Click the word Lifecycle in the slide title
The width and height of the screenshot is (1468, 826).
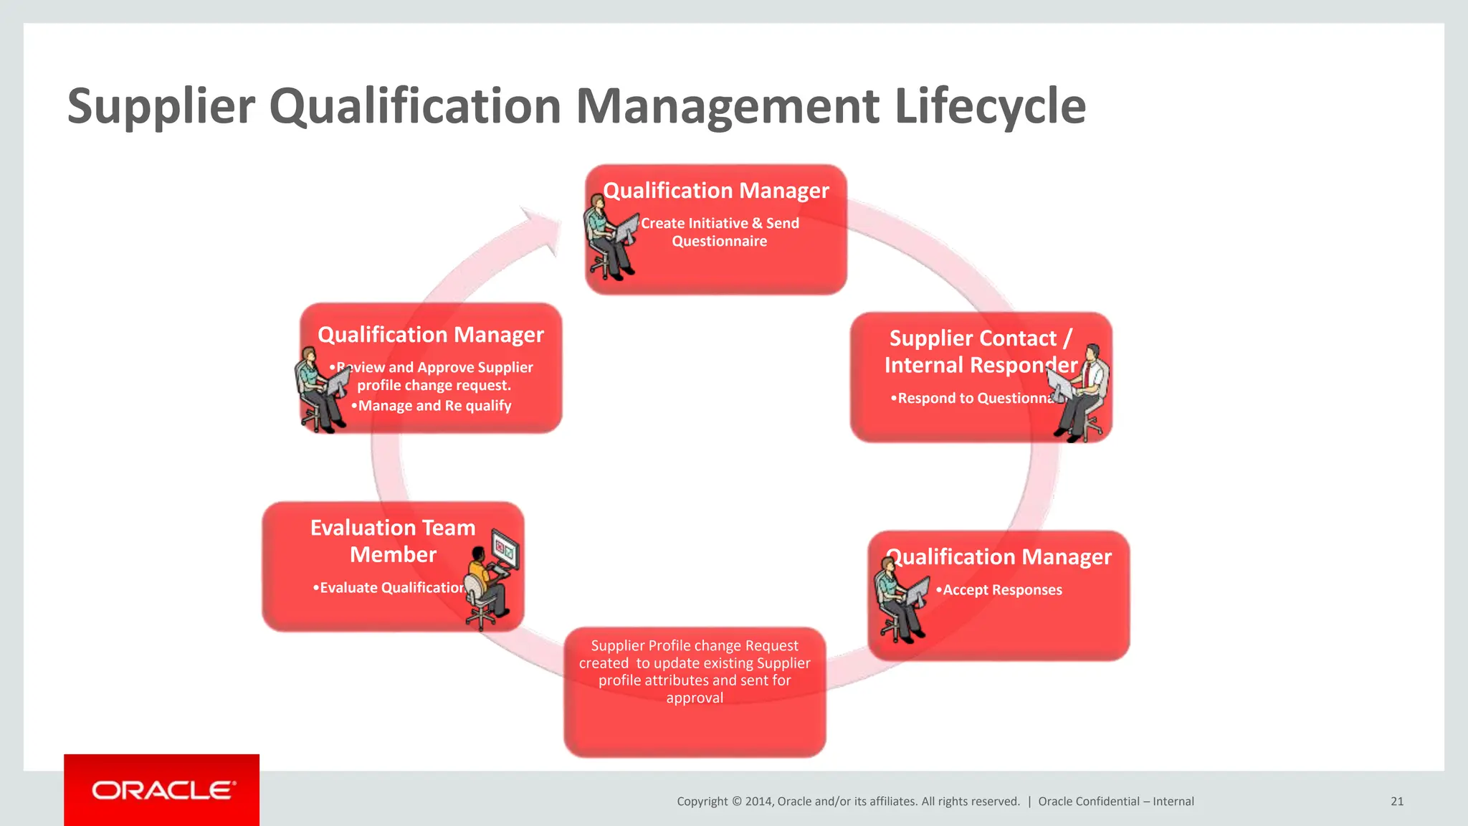990,107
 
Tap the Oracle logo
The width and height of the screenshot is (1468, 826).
162,789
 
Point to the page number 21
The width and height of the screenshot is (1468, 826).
1396,802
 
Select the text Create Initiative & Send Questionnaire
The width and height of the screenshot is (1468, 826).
720,232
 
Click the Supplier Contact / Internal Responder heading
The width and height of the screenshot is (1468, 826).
980,351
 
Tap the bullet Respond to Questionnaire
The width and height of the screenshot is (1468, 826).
971,399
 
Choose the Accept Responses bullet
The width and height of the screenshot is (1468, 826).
1002,590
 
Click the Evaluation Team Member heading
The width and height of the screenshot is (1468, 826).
393,541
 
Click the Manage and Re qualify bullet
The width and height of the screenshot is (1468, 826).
434,406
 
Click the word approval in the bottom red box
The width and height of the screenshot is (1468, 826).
695,698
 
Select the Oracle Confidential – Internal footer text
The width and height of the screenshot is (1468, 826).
1116,802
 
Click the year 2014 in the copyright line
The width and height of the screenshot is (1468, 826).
758,802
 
